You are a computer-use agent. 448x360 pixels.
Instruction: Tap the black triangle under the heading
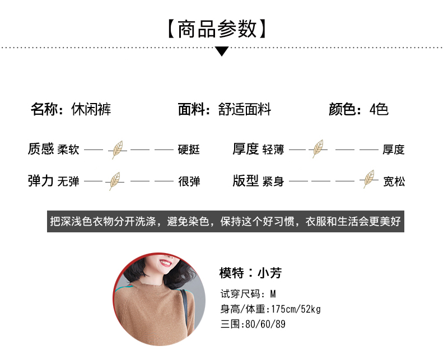(222, 52)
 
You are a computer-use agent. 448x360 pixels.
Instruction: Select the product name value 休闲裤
(91, 109)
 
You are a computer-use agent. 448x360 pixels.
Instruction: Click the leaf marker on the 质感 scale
(118, 149)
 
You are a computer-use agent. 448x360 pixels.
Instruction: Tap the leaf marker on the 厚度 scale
(319, 149)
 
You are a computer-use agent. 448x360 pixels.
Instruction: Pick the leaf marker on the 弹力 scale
(115, 181)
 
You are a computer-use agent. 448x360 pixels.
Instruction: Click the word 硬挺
(189, 149)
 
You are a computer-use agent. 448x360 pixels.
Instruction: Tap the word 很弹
(189, 181)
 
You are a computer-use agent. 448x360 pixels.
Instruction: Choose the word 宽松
(394, 181)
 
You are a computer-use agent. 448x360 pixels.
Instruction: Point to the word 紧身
(273, 181)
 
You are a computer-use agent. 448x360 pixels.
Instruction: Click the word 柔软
(68, 149)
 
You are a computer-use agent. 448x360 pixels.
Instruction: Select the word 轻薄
(273, 149)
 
